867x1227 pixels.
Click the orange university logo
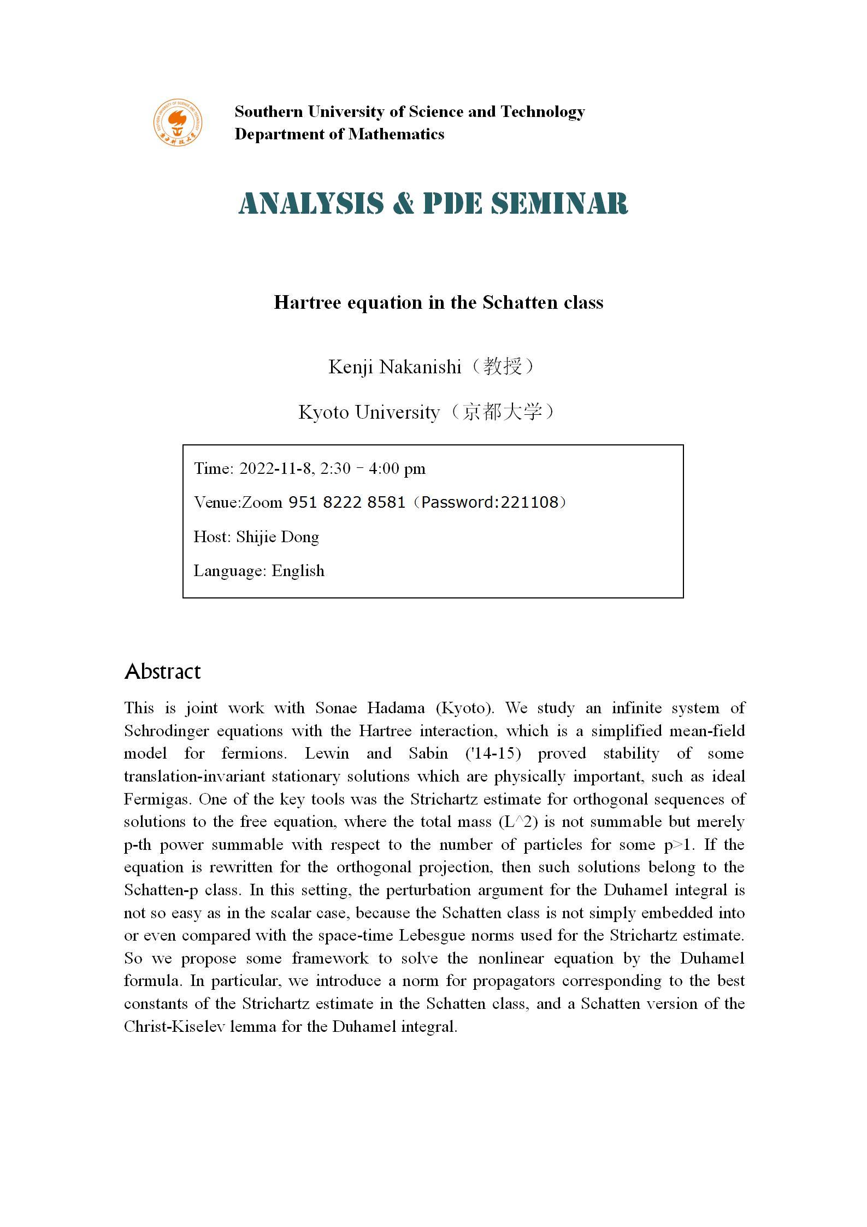177,123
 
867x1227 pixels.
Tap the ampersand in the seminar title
403,203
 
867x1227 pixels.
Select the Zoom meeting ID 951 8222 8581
346,502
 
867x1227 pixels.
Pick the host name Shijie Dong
278,537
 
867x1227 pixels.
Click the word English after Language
298,571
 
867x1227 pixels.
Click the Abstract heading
163,671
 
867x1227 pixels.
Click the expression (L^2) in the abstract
515,822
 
